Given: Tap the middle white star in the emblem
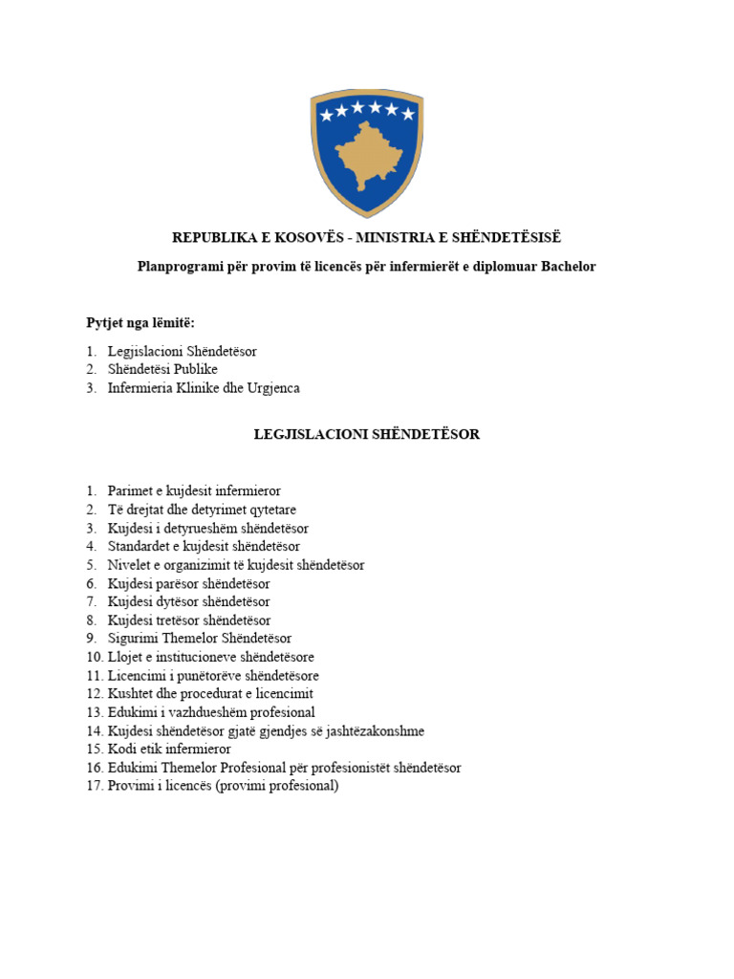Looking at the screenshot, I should (367, 108).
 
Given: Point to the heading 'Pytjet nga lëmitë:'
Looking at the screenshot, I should (140, 322).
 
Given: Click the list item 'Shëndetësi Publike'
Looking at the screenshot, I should (162, 369).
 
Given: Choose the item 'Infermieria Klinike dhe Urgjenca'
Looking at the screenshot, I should (203, 388).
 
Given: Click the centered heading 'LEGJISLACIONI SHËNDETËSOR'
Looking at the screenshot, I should (366, 434).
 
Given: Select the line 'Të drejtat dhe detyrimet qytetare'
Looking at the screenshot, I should (201, 510).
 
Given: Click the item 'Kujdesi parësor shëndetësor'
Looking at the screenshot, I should (188, 583).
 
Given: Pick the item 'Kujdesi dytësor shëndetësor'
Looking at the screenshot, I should (188, 601).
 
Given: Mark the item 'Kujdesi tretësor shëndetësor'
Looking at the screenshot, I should (189, 620).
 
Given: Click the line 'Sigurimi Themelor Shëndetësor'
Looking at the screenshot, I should (200, 639).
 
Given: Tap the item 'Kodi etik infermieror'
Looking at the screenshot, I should (169, 750).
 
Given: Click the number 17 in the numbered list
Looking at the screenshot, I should (94, 786).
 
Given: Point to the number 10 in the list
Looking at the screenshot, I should (94, 657).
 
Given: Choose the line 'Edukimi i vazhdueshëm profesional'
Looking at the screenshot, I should (211, 712).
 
